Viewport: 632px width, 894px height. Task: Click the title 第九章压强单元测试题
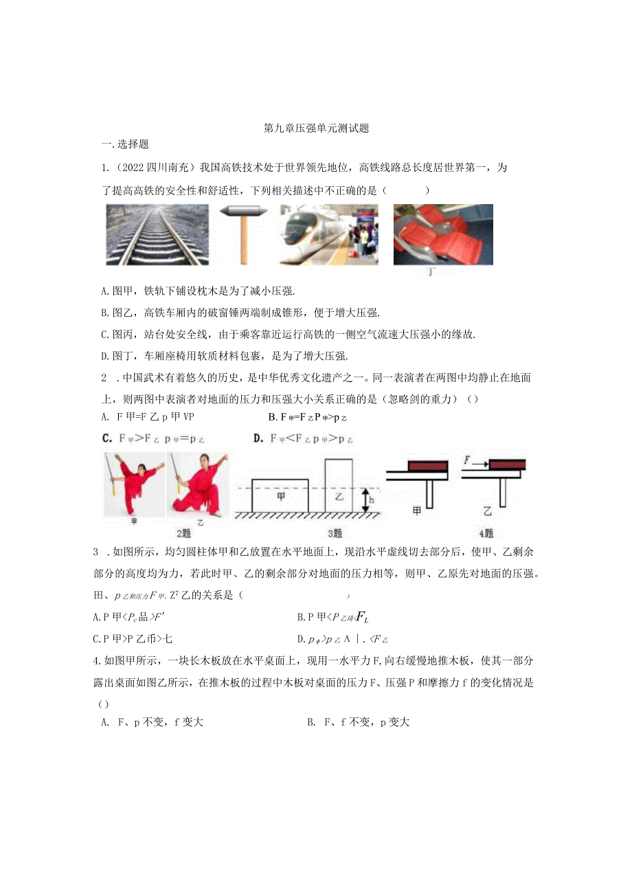click(x=317, y=128)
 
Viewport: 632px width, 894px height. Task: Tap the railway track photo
click(x=157, y=234)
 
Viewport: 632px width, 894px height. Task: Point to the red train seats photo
click(x=442, y=234)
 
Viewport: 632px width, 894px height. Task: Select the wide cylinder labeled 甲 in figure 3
click(x=280, y=495)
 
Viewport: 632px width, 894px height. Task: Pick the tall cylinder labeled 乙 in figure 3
click(x=339, y=485)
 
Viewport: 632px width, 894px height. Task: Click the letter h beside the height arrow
click(x=370, y=500)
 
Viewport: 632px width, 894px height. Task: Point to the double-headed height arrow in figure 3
click(x=362, y=500)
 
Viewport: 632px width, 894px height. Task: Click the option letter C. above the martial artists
click(x=107, y=438)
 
